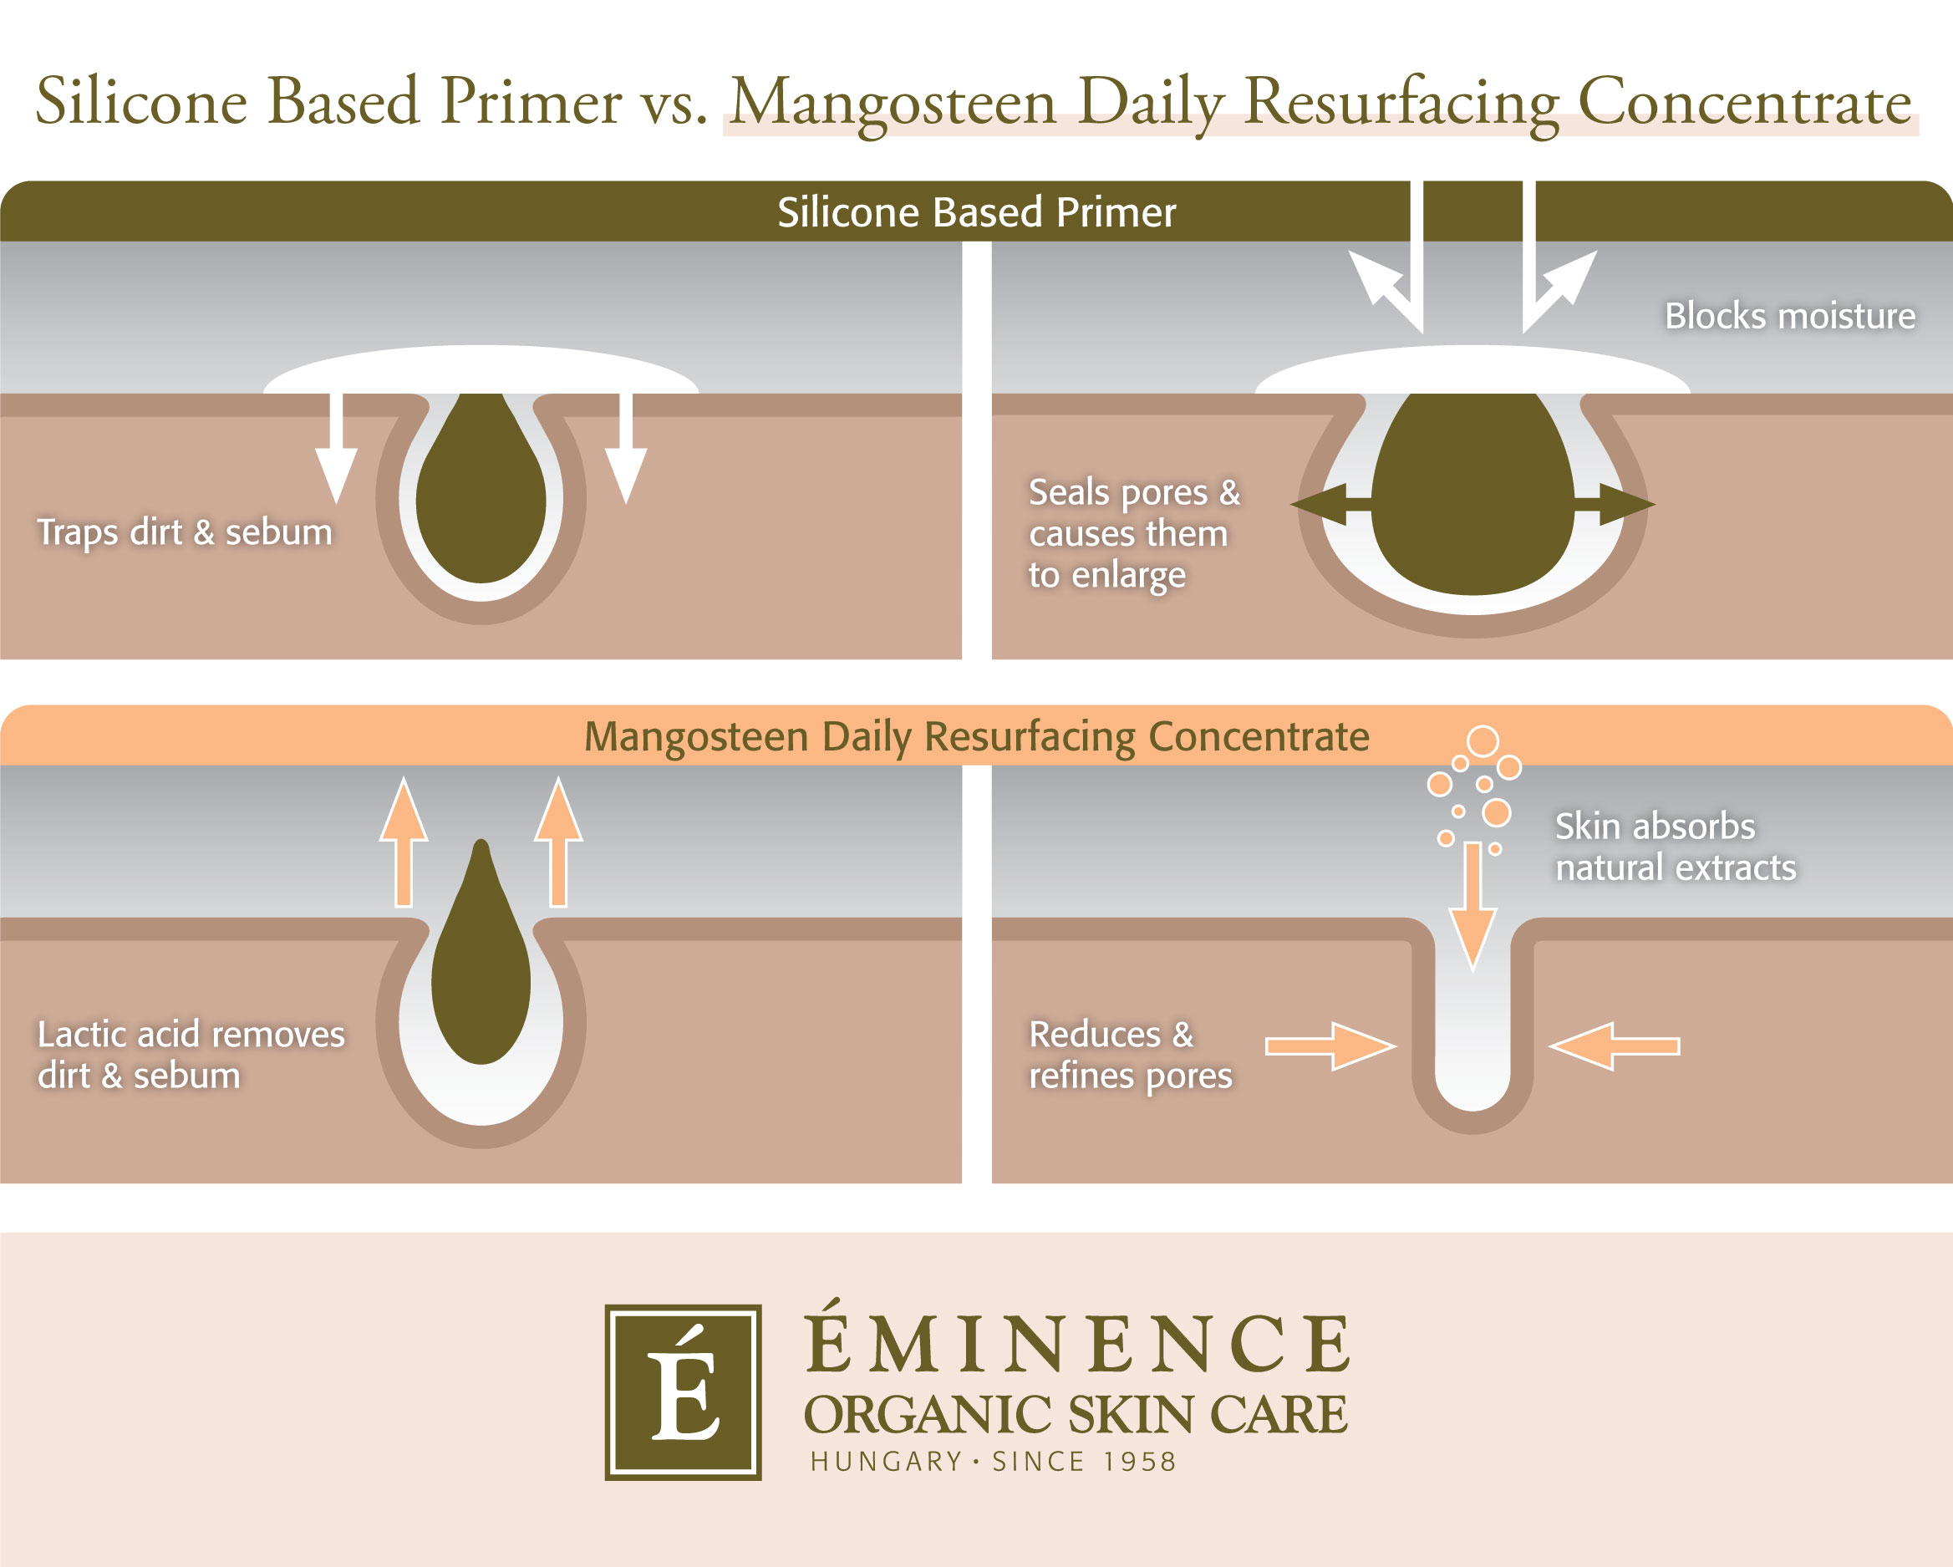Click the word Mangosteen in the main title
pos(893,101)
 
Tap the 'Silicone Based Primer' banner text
pos(975,212)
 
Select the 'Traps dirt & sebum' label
pos(185,532)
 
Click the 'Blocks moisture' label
pos(1789,316)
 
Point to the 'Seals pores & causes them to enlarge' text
pos(1133,533)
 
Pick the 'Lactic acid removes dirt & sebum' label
pos(191,1055)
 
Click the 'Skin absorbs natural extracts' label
pos(1674,846)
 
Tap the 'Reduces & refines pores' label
pos(1130,1055)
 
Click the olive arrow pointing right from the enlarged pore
pos(1616,505)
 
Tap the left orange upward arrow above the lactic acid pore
pos(403,842)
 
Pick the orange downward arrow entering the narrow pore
pos(1473,906)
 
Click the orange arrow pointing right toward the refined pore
pos(1329,1046)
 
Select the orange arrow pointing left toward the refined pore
pos(1615,1046)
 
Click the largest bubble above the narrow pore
pos(1483,741)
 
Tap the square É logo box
pos(683,1392)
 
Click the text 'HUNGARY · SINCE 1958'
pos(993,1461)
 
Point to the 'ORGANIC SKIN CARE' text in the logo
pos(1076,1414)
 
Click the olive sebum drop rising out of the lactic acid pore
pos(481,969)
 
